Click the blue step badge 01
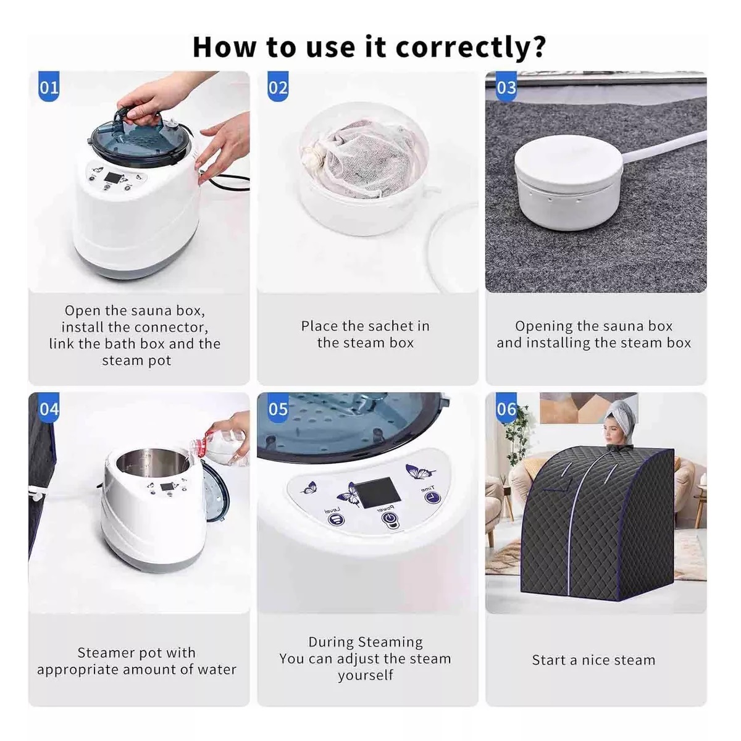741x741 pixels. click(49, 86)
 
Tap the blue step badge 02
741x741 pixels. click(278, 86)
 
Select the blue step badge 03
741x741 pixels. click(506, 86)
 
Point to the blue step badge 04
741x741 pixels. click(49, 408)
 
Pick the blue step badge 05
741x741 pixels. click(278, 408)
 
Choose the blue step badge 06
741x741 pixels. click(506, 408)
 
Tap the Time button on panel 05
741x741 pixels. click(433, 497)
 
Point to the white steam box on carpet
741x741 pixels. click(568, 183)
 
